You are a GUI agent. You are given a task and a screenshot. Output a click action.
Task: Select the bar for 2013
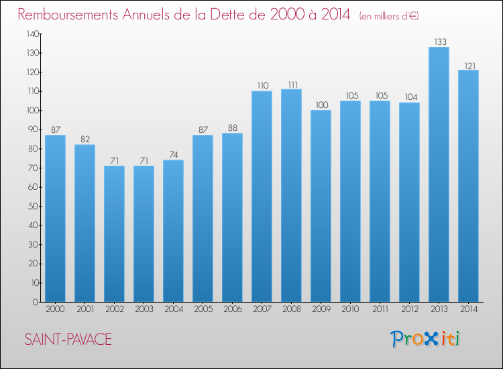(x=439, y=174)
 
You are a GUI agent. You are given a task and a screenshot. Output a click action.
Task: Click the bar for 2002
(x=114, y=234)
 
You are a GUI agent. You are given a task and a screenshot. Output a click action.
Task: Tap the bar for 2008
(x=291, y=195)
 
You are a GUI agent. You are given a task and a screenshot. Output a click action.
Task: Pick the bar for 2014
(x=468, y=186)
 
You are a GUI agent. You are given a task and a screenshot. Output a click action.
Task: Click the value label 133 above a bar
(x=440, y=42)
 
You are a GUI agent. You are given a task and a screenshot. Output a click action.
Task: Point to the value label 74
(x=174, y=155)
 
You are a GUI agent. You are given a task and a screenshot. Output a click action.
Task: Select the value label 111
(x=293, y=85)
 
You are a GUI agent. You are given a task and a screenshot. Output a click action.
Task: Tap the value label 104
(x=411, y=97)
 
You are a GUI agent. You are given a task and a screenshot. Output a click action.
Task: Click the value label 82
(x=85, y=140)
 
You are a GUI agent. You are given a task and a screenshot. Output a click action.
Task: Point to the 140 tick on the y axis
(x=33, y=34)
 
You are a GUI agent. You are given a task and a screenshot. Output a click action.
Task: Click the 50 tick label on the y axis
(x=34, y=207)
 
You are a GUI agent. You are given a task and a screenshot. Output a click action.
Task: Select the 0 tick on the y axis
(x=36, y=302)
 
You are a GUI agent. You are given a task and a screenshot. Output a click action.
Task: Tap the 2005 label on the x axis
(x=203, y=309)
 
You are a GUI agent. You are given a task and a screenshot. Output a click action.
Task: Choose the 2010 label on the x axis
(x=350, y=309)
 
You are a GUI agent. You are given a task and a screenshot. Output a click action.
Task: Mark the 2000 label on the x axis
(x=55, y=309)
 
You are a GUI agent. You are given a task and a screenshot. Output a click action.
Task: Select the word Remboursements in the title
(x=68, y=14)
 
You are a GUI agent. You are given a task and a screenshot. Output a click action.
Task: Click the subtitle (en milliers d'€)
(x=389, y=16)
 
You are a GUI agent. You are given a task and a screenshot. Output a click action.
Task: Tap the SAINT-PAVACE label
(x=68, y=339)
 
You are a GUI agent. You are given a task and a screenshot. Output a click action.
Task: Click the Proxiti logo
(x=425, y=339)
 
